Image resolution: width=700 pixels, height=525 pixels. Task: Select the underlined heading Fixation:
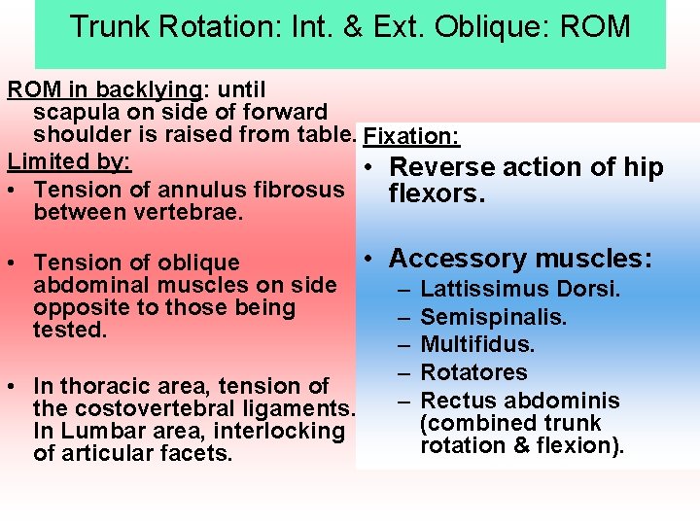pyautogui.click(x=411, y=136)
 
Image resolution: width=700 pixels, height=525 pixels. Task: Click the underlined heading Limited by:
pyautogui.click(x=69, y=158)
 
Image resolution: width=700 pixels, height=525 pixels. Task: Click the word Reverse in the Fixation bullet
pyautogui.click(x=446, y=167)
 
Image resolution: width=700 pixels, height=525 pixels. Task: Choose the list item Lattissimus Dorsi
pyautogui.click(x=520, y=289)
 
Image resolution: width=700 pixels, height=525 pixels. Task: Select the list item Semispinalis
pyautogui.click(x=493, y=317)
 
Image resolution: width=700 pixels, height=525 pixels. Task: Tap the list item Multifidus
pyautogui.click(x=477, y=344)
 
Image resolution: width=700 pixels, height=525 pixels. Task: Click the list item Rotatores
pyautogui.click(x=473, y=372)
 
